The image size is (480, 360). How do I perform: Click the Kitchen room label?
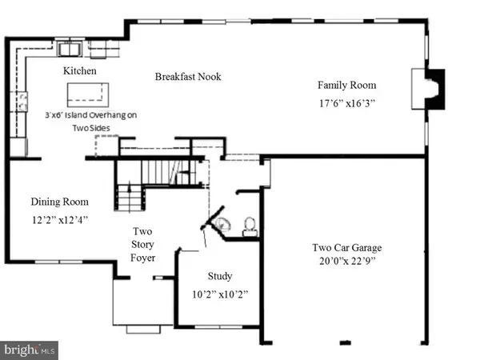click(79, 70)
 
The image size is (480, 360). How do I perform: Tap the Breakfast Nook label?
click(188, 77)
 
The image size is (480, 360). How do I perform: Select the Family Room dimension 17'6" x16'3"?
click(347, 103)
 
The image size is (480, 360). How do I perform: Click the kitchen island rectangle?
click(88, 94)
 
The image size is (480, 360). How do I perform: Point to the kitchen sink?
click(70, 50)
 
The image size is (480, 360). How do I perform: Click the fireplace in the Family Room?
click(428, 89)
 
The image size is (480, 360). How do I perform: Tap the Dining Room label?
click(60, 202)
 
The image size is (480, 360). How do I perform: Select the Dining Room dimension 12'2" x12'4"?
click(60, 220)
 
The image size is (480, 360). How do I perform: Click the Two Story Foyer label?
click(142, 244)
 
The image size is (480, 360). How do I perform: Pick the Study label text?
click(220, 276)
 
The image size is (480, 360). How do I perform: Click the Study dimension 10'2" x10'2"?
click(220, 294)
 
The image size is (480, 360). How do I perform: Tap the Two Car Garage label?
click(347, 247)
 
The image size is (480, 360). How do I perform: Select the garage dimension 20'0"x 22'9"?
click(347, 261)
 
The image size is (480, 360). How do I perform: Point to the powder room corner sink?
click(223, 223)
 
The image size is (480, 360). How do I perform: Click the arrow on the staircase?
click(130, 196)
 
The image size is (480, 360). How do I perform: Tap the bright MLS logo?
click(29, 350)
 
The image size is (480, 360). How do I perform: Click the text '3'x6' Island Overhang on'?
click(91, 115)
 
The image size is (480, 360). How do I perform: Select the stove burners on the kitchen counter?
click(22, 102)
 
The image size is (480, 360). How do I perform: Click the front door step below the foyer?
click(143, 329)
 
